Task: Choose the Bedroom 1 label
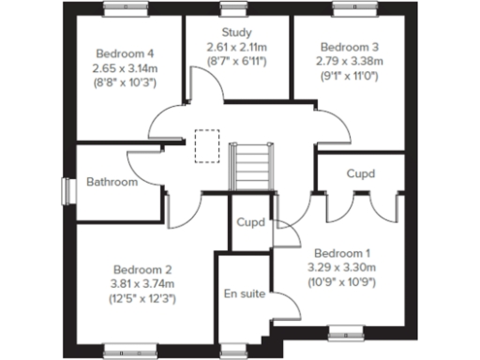pos(342,253)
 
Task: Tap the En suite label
pos(244,294)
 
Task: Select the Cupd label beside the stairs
pos(250,223)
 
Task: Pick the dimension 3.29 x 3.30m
pos(342,268)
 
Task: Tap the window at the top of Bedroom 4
pos(123,8)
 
